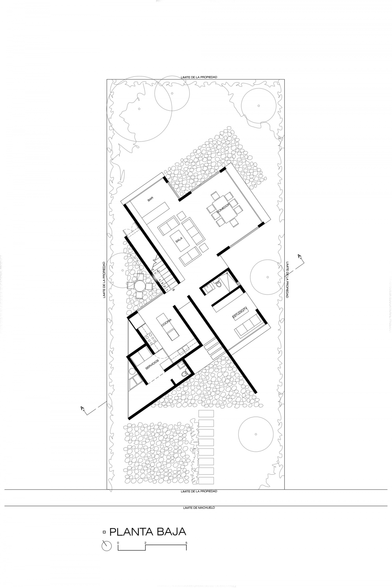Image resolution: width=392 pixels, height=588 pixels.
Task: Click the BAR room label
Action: pos(150,199)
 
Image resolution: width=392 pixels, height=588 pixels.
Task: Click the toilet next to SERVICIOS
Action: pos(185,374)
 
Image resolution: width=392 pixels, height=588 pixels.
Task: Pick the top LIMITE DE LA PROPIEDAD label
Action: pos(199,77)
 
